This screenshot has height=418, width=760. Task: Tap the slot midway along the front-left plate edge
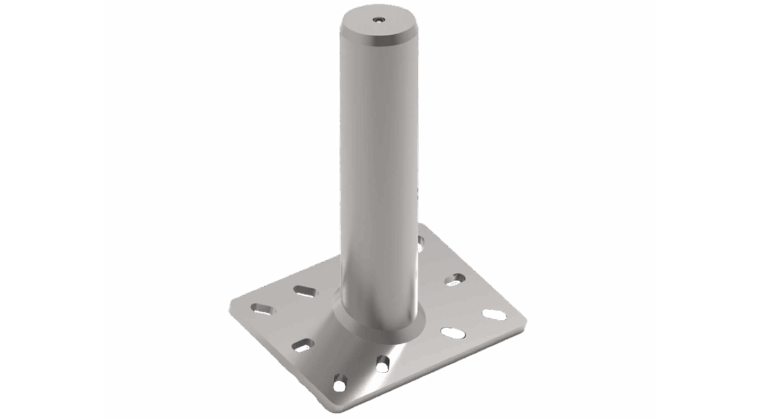pos(303,345)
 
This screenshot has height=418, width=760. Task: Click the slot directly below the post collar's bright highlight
pos(383,363)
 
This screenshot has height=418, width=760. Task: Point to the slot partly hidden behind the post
pos(421,244)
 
